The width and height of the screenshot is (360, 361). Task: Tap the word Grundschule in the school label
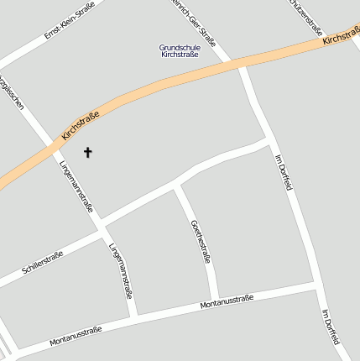180,47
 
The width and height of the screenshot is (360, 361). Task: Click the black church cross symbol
87,152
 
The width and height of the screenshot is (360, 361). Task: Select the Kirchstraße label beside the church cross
81,125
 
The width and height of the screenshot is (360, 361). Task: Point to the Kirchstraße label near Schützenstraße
340,35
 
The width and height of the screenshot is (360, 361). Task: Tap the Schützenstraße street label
305,15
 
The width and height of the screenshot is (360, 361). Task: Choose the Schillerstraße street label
43,262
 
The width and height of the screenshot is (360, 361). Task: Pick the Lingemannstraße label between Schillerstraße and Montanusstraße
120,270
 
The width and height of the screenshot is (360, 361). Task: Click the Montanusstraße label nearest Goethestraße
227,302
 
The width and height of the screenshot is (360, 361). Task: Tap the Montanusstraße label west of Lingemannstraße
76,335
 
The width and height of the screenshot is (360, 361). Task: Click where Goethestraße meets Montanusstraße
218,299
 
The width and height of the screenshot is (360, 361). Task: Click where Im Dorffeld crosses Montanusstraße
317,287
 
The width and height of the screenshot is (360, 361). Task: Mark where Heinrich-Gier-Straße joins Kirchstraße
240,64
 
